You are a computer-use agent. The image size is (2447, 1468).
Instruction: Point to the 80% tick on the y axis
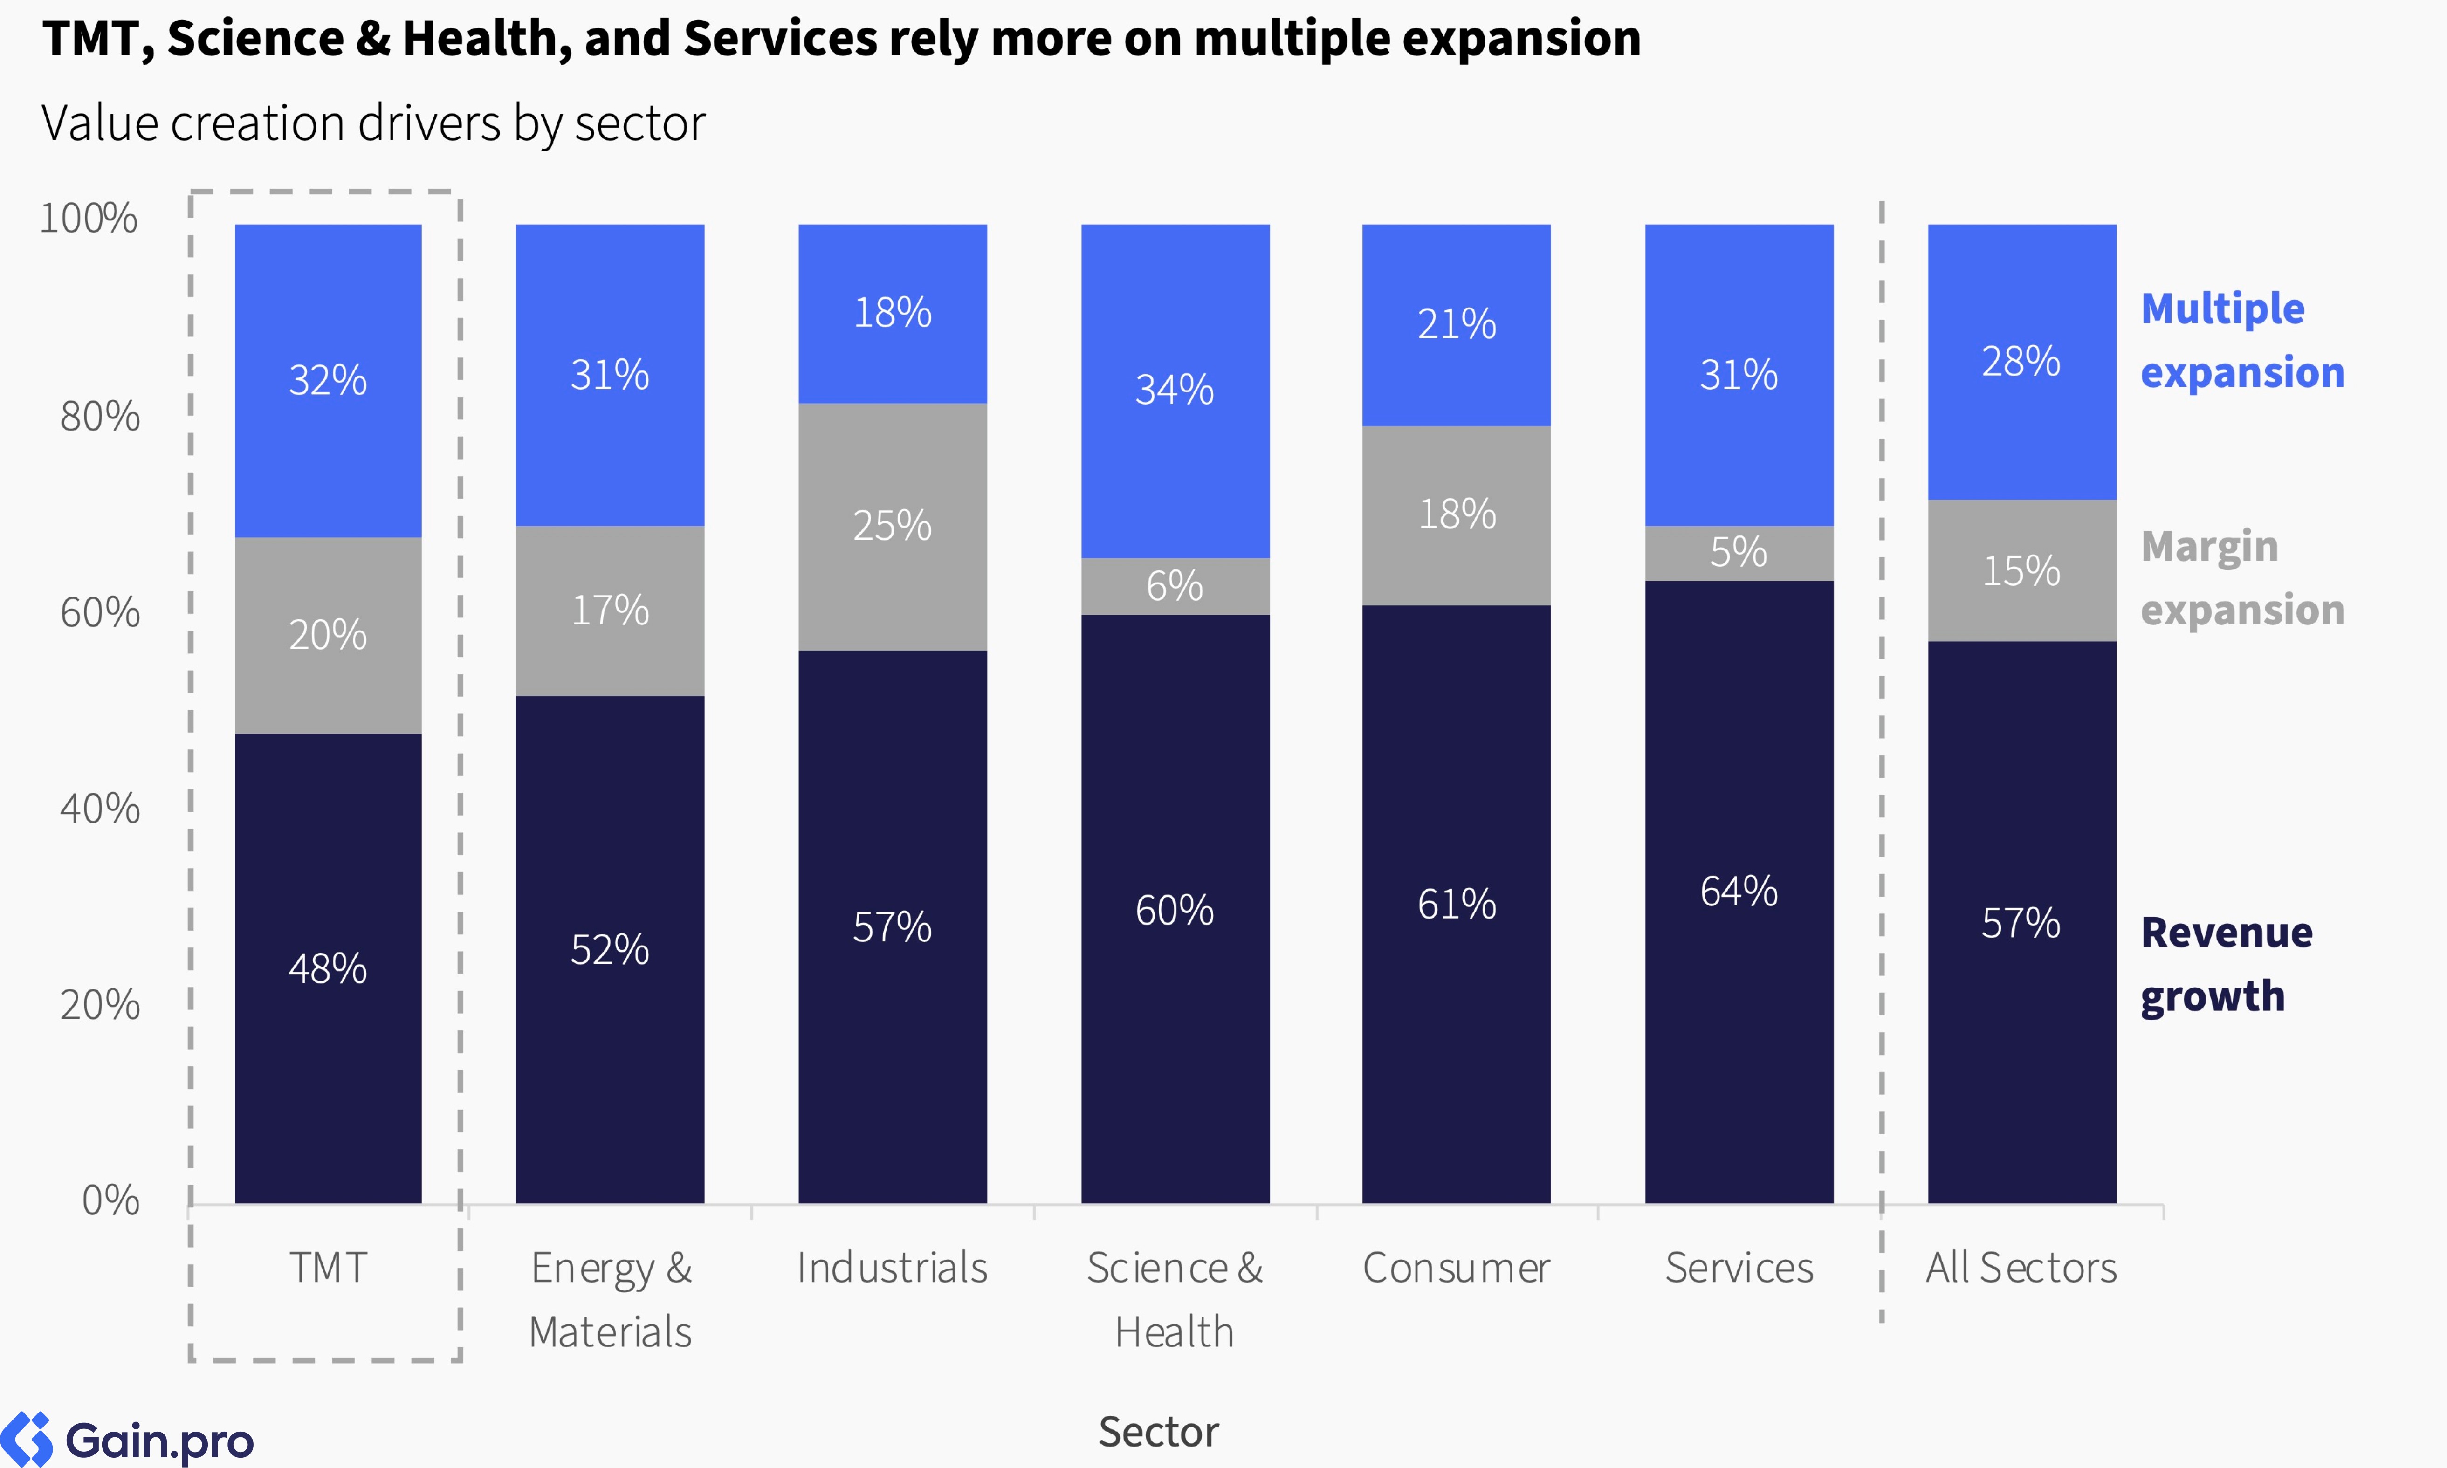click(100, 417)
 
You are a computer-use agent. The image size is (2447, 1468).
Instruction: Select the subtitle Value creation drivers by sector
click(373, 123)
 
